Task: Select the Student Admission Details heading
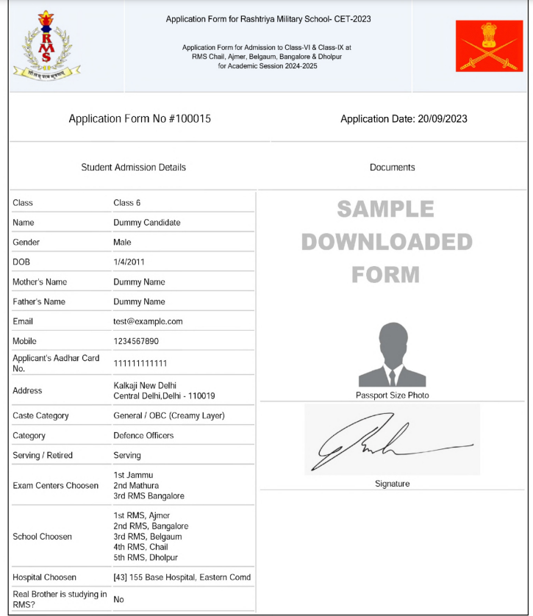pyautogui.click(x=133, y=168)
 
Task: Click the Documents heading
pyautogui.click(x=392, y=168)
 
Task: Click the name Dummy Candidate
pyautogui.click(x=146, y=223)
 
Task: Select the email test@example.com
pyautogui.click(x=148, y=321)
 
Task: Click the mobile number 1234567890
pyautogui.click(x=136, y=341)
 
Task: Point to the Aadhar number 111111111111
pyautogui.click(x=140, y=364)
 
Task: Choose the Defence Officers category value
pyautogui.click(x=143, y=435)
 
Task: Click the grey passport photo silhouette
pyautogui.click(x=391, y=355)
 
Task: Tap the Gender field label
pyautogui.click(x=26, y=243)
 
